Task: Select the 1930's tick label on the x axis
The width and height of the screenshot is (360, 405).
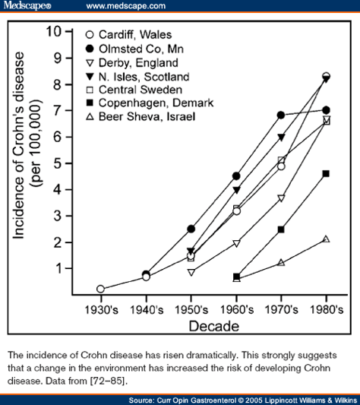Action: point(101,311)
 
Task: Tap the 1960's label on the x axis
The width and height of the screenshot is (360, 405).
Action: point(236,311)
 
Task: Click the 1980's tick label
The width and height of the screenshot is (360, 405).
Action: point(326,311)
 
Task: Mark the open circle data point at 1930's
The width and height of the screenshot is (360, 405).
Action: point(101,289)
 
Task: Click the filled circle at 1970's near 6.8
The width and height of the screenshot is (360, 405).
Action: point(281,115)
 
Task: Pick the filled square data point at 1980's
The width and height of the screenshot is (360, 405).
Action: point(326,173)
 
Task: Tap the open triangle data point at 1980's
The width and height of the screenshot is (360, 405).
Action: point(326,239)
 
